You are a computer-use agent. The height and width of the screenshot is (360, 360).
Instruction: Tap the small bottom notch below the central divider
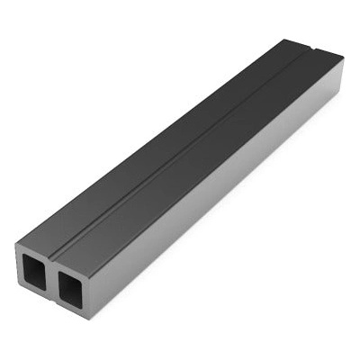click(x=51, y=307)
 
